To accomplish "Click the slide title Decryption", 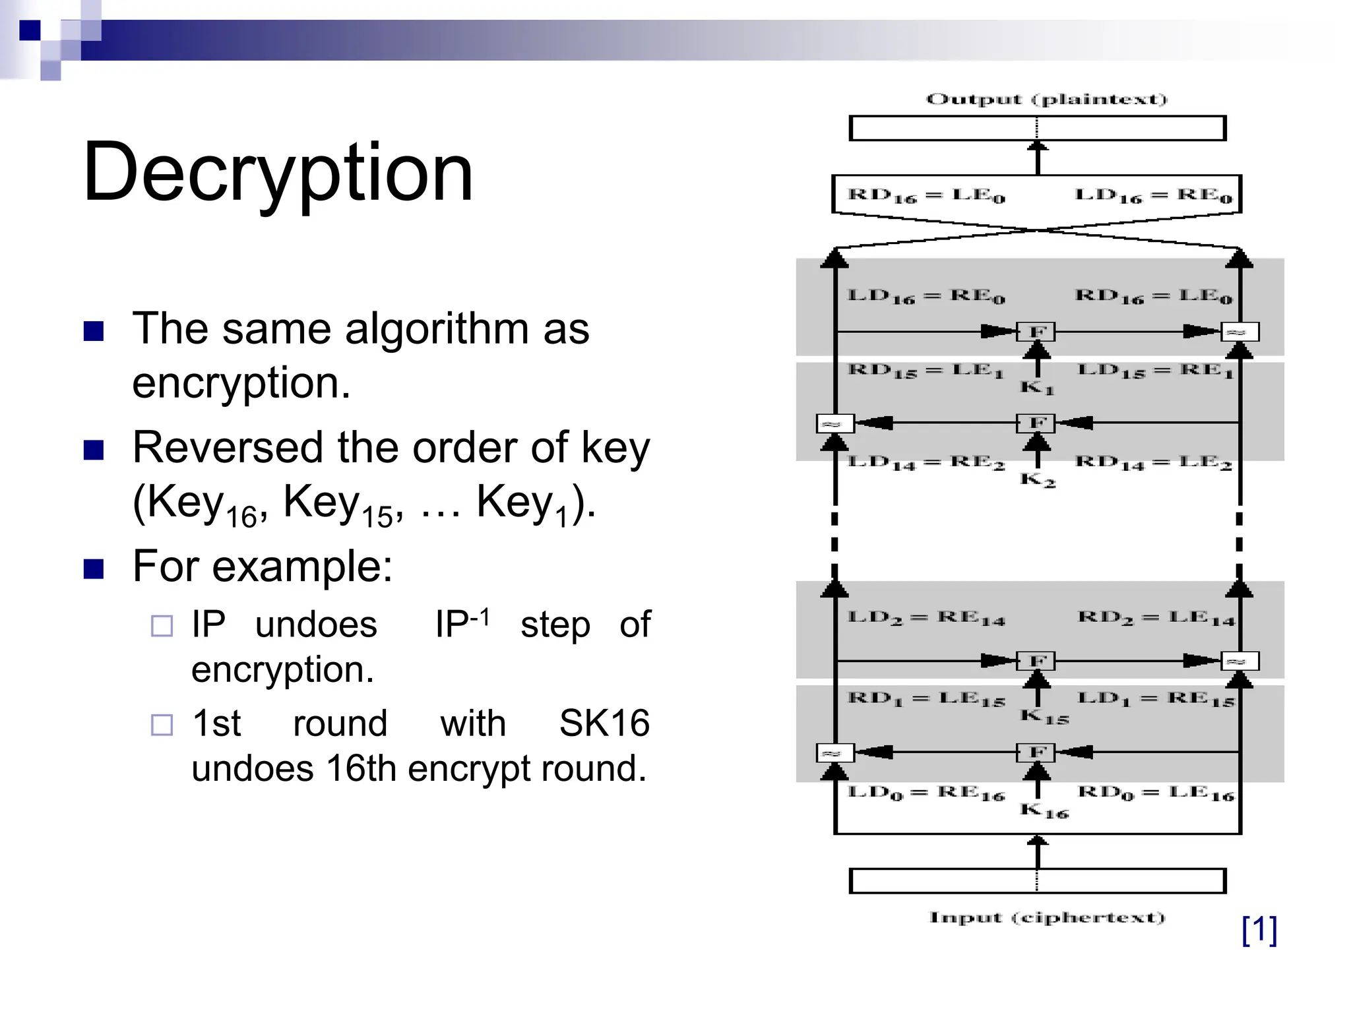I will click(278, 173).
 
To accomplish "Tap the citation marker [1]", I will click(1259, 930).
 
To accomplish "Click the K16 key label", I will click(1044, 811).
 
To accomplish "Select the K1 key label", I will click(1037, 387).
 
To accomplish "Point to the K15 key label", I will click(1044, 716).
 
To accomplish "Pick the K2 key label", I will click(1038, 479).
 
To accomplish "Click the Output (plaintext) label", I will click(1046, 100).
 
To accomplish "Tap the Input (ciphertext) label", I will click(1047, 917).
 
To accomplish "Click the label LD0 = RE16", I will click(926, 793).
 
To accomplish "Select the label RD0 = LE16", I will click(1155, 793).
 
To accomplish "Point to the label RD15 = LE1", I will click(925, 371).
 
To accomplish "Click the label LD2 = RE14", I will click(926, 619).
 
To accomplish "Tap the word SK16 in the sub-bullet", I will click(604, 723).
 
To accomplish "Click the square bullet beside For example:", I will click(94, 568).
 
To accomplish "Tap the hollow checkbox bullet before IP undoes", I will click(162, 626).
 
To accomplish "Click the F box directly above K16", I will click(1037, 752).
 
